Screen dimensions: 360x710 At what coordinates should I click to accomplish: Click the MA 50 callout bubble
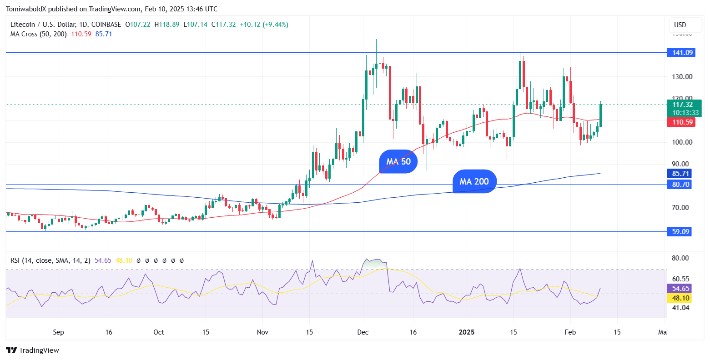point(398,161)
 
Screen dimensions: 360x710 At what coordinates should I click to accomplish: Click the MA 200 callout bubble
point(474,181)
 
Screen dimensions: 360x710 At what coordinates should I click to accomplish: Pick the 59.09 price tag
point(680,232)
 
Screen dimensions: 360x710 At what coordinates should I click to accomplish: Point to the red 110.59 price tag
point(680,122)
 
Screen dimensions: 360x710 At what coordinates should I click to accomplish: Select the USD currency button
point(680,25)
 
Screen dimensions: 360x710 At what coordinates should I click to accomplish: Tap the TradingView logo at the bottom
point(33,350)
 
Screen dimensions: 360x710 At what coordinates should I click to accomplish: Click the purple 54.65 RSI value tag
point(679,289)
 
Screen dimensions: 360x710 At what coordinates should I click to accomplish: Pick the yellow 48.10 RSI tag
point(679,298)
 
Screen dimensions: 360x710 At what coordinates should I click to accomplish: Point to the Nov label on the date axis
point(263,332)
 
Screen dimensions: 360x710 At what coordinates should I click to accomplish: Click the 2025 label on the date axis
point(467,332)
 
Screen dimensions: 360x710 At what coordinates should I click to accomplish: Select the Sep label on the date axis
point(58,332)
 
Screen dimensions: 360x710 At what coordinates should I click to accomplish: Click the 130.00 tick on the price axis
point(682,76)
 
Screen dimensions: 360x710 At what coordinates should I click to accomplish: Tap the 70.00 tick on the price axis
point(682,207)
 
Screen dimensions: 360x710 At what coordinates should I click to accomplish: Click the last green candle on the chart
point(601,115)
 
